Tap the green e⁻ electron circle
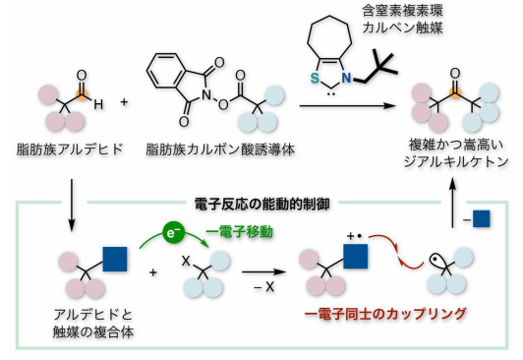point(172,235)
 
